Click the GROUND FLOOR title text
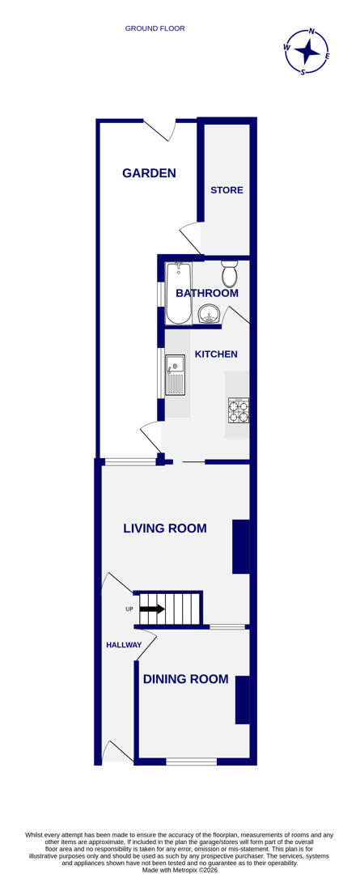[x=155, y=28]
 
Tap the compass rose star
[x=307, y=51]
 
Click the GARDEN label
[x=149, y=172]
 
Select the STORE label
[x=227, y=190]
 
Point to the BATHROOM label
[x=207, y=293]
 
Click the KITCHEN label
[x=216, y=354]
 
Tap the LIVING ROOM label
[x=164, y=528]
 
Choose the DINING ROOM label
[x=185, y=679]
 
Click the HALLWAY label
[x=124, y=645]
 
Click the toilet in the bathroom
[x=230, y=274]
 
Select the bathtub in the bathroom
[x=178, y=293]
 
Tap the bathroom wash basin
[x=209, y=313]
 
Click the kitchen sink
[x=175, y=375]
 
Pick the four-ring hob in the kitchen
[x=238, y=411]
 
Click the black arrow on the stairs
[x=152, y=609]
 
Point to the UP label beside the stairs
[x=129, y=609]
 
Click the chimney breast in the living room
[x=240, y=546]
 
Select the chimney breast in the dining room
[x=242, y=699]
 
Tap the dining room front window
[x=192, y=762]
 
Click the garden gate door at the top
[x=160, y=127]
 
